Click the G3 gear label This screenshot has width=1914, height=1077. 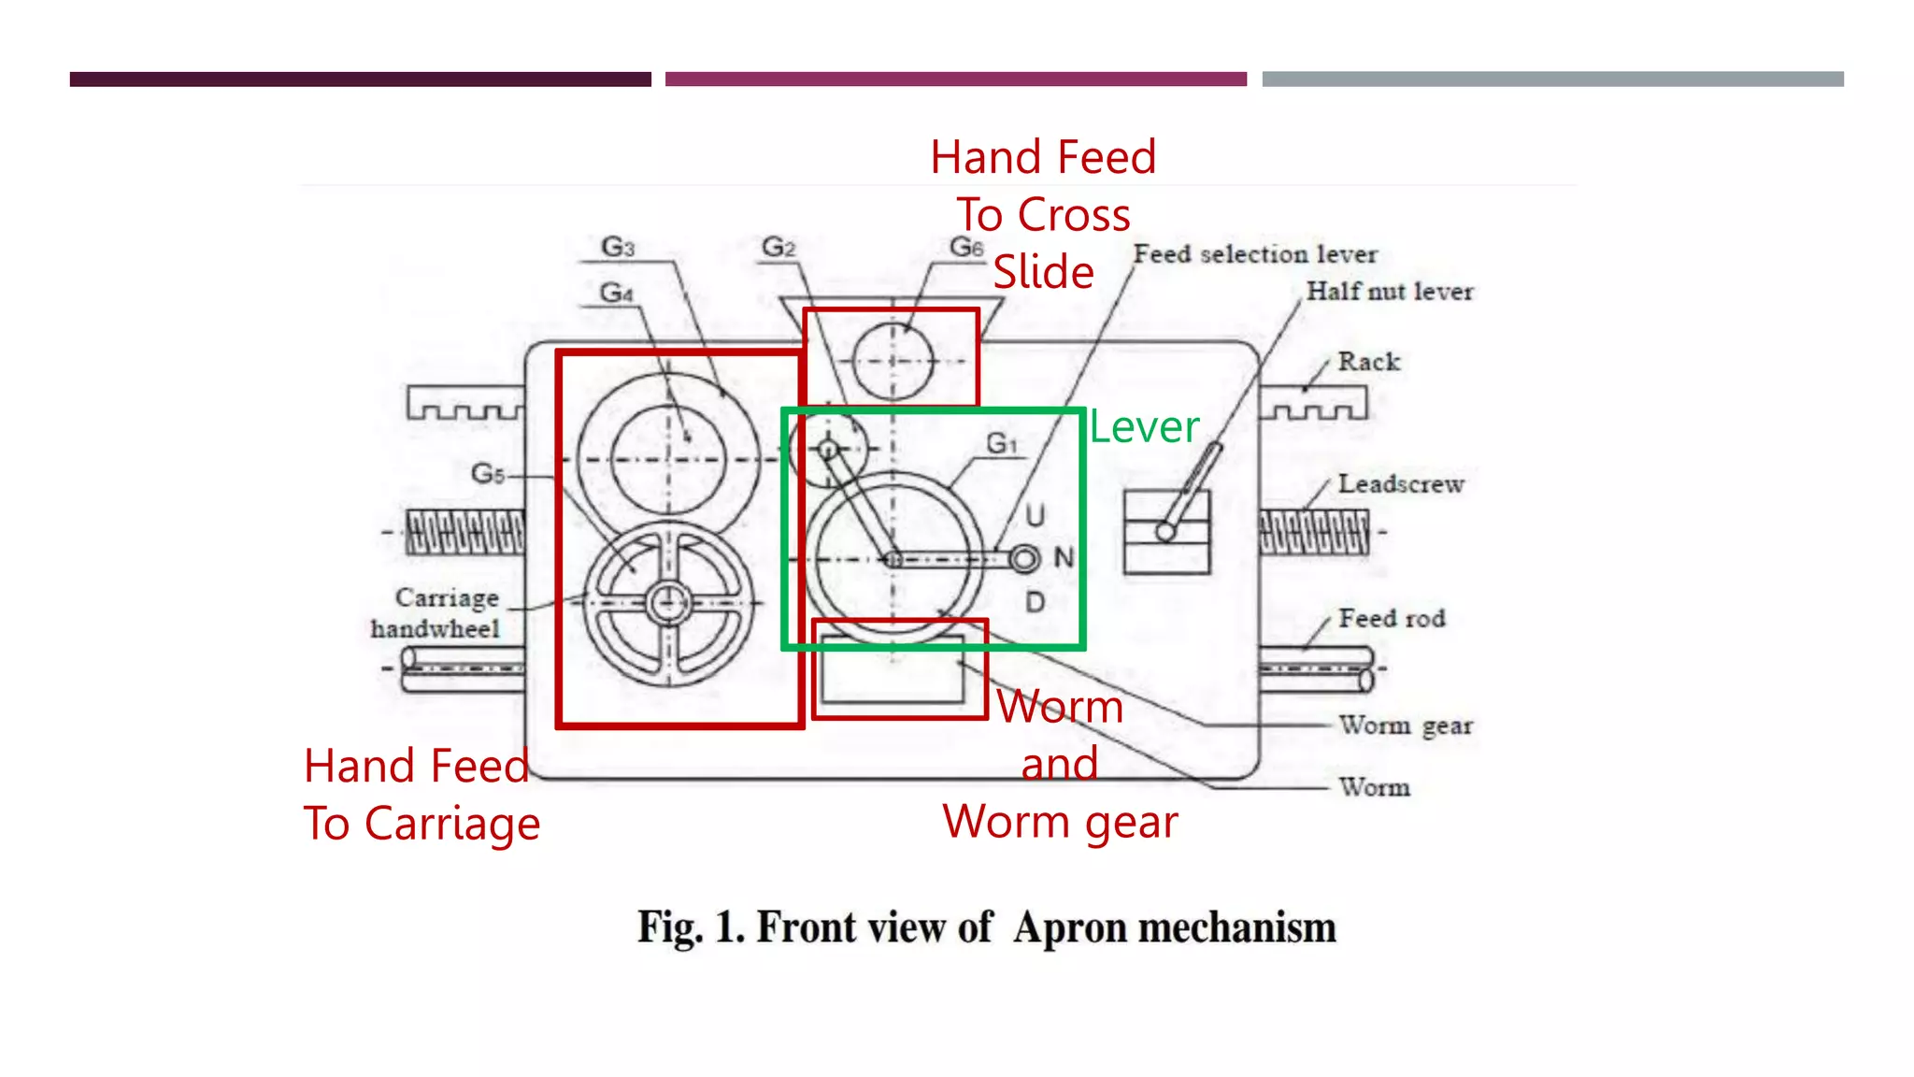pos(618,247)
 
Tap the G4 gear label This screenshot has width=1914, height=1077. pos(617,293)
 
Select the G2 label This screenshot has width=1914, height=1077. pos(778,247)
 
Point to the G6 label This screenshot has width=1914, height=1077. pos(966,247)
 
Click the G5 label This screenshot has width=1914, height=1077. pos(488,473)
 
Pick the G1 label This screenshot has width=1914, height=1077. pos(1002,442)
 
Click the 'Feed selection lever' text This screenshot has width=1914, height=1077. pos(1255,254)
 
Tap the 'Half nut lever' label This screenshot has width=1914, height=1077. pos(1390,292)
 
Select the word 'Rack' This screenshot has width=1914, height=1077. pos(1369,362)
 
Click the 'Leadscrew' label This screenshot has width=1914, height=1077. pos(1401,484)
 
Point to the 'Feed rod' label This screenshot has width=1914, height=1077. pos(1392,618)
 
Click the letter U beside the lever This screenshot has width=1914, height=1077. pos(1035,515)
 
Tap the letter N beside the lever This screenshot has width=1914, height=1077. pos(1064,558)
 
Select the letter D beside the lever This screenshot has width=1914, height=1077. pos(1035,602)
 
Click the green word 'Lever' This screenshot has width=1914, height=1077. pos(1144,427)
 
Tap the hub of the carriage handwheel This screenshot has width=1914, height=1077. pos(668,603)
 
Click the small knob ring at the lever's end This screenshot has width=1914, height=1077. pos(1024,559)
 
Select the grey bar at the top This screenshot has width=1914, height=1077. pos(1552,79)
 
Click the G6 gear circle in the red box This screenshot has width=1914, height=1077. pos(893,361)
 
